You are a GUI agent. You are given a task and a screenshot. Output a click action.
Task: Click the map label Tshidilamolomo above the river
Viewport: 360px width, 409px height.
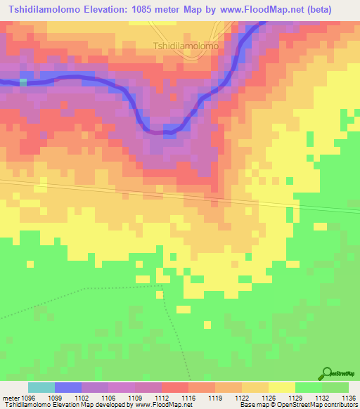point(186,46)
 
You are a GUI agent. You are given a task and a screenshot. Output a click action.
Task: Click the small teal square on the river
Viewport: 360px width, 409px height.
point(23,82)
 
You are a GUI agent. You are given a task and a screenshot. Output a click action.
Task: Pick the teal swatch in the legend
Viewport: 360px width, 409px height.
point(41,387)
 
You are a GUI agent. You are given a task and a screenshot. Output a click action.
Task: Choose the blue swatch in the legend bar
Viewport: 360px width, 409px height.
point(67,387)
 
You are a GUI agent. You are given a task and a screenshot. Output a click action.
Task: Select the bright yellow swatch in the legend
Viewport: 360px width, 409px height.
point(281,387)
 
